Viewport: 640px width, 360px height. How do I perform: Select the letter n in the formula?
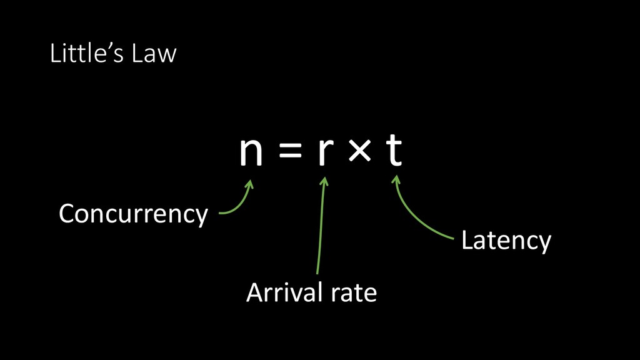click(x=251, y=154)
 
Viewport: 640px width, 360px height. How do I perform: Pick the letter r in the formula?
click(x=323, y=154)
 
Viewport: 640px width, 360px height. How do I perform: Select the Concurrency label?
click(x=133, y=214)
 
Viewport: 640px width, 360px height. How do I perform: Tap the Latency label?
click(x=506, y=241)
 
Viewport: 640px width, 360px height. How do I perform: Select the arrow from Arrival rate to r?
click(x=320, y=231)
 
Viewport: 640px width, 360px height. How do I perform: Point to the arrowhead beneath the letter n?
click(x=251, y=184)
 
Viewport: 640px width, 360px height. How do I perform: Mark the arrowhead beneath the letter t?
click(x=395, y=181)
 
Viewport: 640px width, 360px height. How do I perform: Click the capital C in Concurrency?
click(x=66, y=214)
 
